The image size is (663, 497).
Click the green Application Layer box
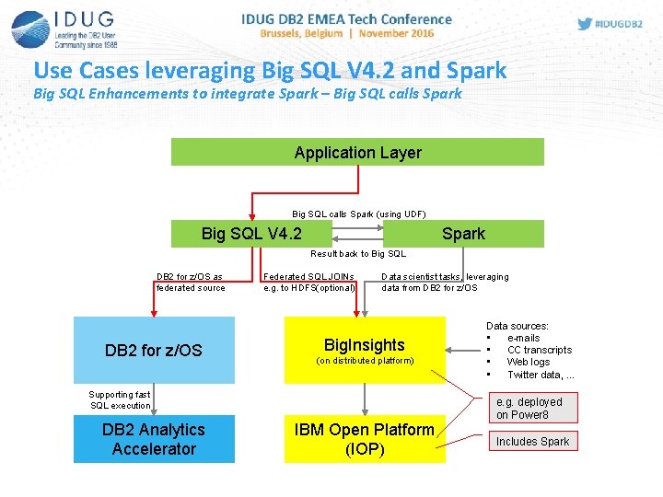[x=357, y=153]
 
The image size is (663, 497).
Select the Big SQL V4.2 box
[x=251, y=234]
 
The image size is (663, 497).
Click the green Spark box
[x=463, y=234]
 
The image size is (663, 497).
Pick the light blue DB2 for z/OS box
[x=154, y=351]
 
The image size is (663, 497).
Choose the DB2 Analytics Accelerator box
[x=154, y=439]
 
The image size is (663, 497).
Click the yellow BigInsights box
[x=365, y=351]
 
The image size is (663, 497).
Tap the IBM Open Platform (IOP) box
[x=365, y=439]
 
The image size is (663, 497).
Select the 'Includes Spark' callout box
[x=532, y=442]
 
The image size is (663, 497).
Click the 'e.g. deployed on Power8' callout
[x=529, y=409]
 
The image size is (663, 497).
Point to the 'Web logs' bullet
[x=528, y=363]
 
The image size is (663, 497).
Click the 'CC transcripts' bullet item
[x=539, y=350]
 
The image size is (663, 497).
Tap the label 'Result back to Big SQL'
[x=357, y=254]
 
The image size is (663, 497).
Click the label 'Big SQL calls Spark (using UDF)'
[x=358, y=214]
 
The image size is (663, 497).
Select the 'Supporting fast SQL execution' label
[x=120, y=400]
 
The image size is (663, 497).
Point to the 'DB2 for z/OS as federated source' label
[x=190, y=282]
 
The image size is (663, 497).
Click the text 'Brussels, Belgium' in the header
[x=300, y=33]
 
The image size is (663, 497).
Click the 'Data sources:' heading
[x=517, y=326]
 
